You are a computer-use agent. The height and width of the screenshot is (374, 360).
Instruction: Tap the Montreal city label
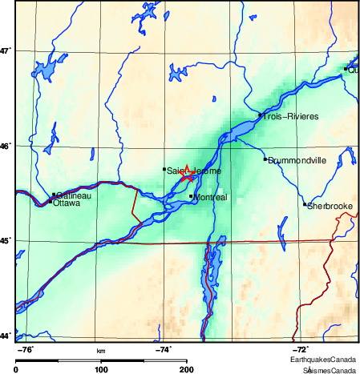coord(212,197)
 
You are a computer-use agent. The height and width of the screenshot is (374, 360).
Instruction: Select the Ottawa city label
coord(66,203)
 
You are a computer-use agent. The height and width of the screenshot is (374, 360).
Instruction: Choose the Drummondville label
coord(297,160)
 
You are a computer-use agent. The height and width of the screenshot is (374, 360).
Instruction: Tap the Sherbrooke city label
coord(330,206)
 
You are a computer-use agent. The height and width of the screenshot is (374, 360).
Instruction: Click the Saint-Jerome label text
coord(194,171)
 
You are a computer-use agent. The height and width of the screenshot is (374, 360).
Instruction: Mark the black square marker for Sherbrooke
coord(305,203)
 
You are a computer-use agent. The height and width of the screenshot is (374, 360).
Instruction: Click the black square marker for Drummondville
coord(265,159)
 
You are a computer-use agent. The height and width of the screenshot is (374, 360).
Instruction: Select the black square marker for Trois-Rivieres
coord(261,116)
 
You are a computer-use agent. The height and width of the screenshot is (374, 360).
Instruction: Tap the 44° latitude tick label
coord(6,336)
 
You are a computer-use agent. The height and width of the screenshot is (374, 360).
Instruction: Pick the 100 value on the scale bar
coord(101,369)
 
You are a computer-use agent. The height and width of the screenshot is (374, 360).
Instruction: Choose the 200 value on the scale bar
coord(187,369)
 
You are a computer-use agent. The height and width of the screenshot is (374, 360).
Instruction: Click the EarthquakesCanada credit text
coord(328,361)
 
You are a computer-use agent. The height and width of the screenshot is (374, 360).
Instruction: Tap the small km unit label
coord(101,351)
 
